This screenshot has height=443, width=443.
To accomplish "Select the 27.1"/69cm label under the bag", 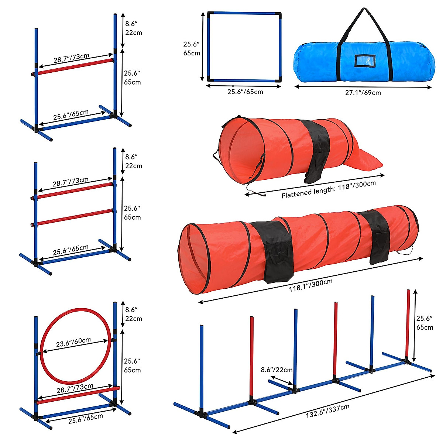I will (x=363, y=93).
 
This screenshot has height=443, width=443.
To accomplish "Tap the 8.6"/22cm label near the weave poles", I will (x=277, y=370).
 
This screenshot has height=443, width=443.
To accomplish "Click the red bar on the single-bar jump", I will (x=74, y=68).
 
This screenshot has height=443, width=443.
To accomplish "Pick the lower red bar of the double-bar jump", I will (x=74, y=217).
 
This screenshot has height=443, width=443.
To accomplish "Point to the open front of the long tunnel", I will (x=194, y=258).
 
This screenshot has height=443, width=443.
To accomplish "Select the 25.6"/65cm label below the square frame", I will (x=245, y=92).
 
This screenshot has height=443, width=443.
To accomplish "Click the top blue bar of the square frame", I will (x=244, y=14).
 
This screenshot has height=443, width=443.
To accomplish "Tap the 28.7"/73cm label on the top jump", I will (x=71, y=58).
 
